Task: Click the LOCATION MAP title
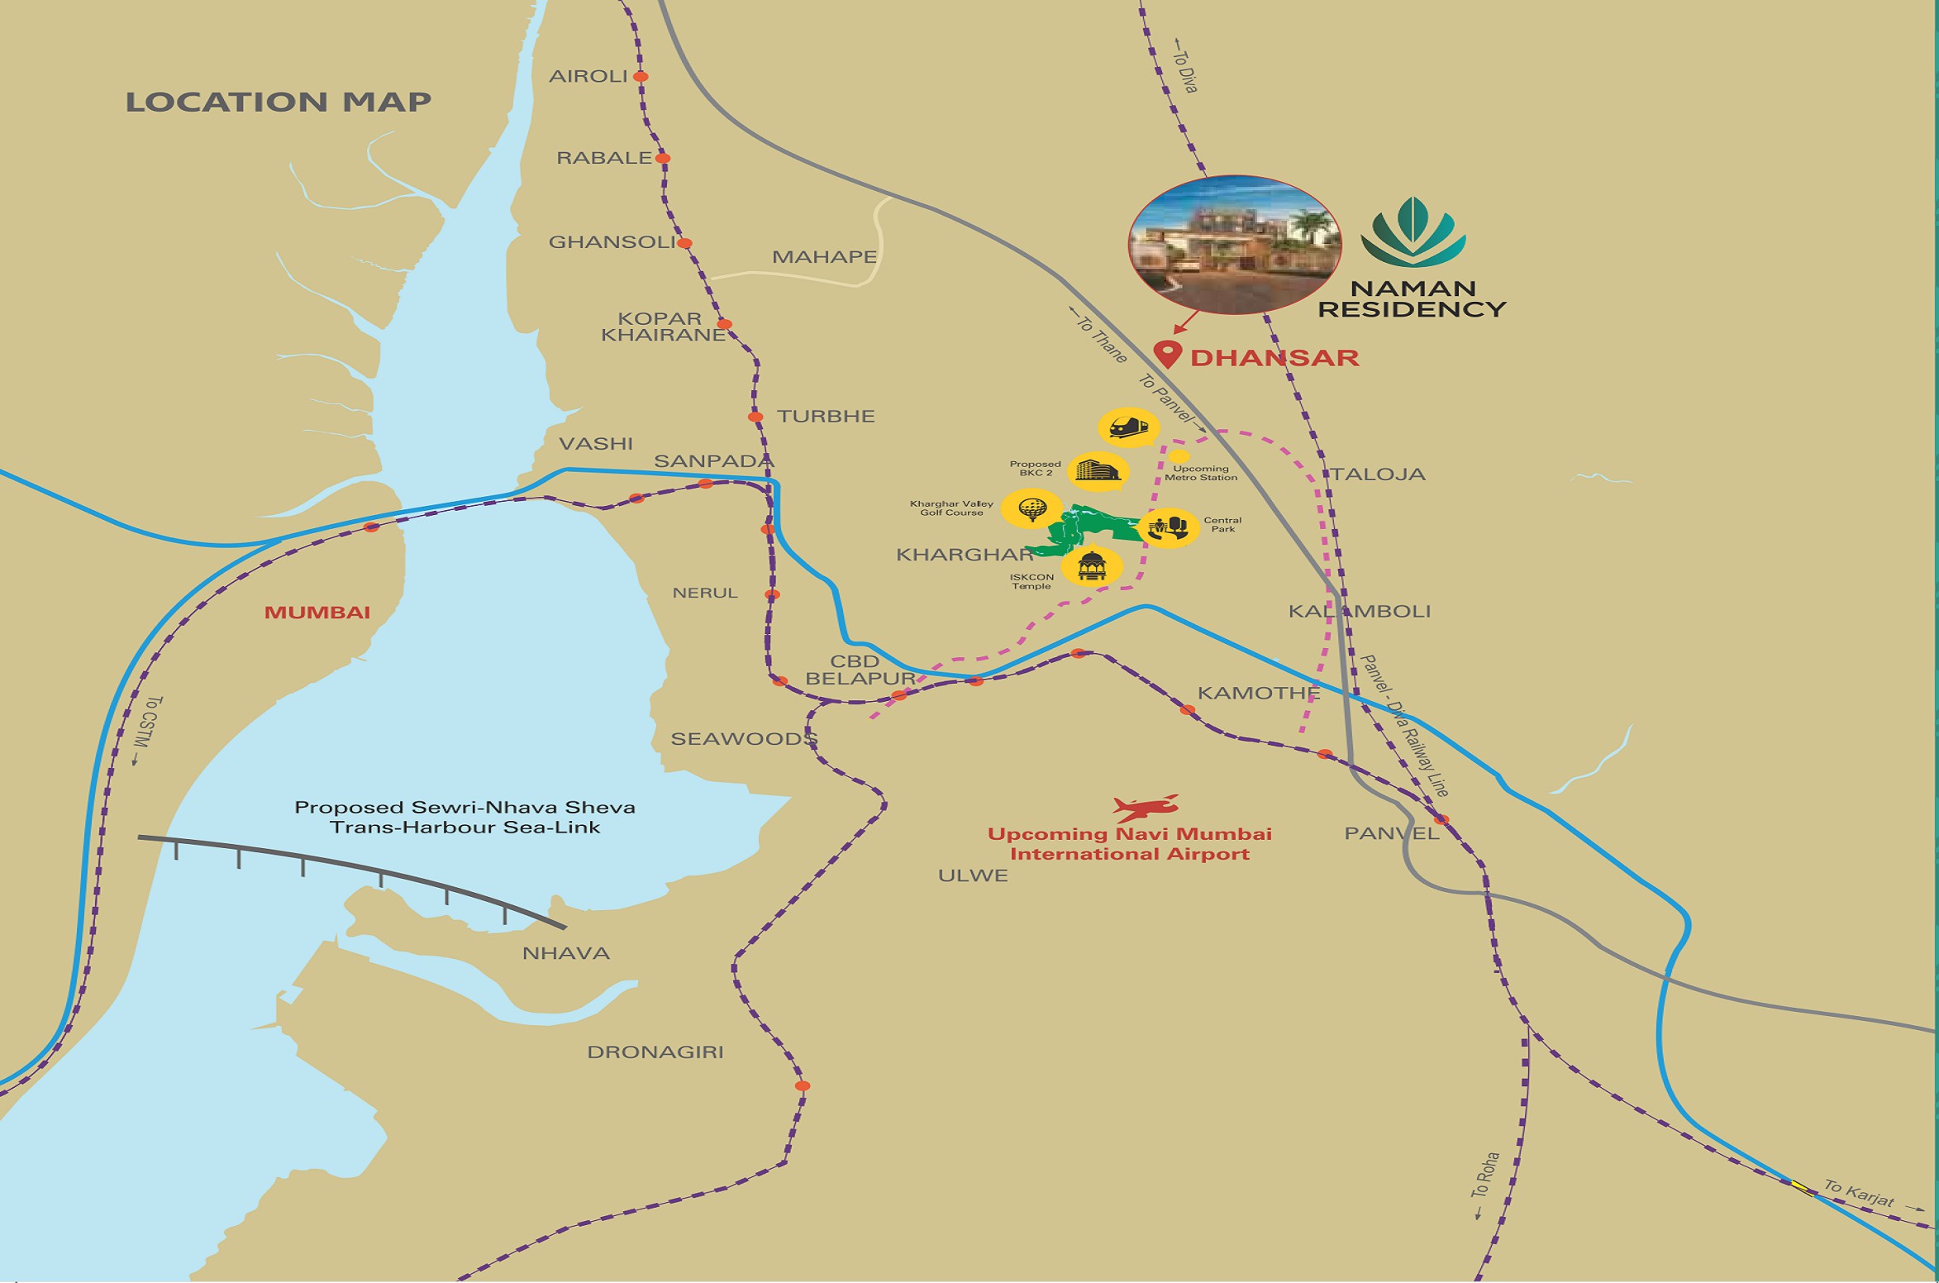tap(278, 103)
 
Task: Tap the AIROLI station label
tap(588, 76)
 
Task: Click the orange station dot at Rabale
tap(662, 158)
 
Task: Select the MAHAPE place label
tap(824, 257)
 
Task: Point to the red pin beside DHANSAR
tap(1167, 354)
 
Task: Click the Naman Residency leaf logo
tap(1413, 234)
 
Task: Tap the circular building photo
tap(1234, 245)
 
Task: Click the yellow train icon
tap(1128, 427)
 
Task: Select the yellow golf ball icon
tap(1031, 508)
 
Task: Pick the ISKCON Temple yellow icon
tap(1092, 567)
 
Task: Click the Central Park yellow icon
tap(1168, 527)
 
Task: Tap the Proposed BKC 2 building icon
tap(1098, 470)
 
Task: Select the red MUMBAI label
tap(317, 613)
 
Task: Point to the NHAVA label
tap(566, 953)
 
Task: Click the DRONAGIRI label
tap(655, 1052)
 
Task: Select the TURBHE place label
tap(826, 416)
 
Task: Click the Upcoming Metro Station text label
tap(1201, 473)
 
